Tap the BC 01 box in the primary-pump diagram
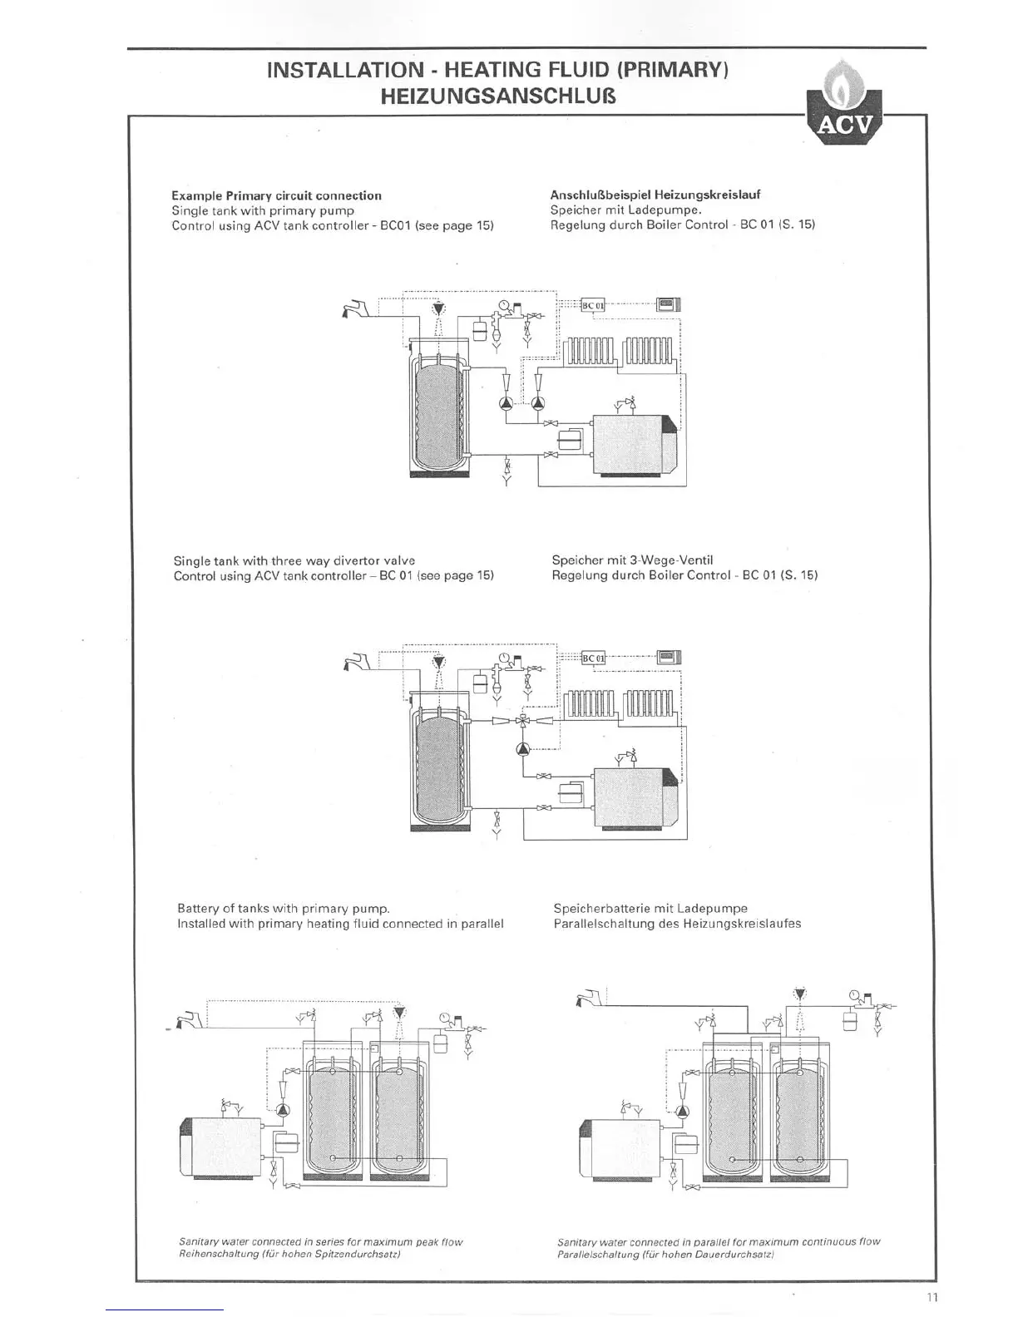pos(593,305)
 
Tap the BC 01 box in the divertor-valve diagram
pos(593,658)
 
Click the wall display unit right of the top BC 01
pos(669,304)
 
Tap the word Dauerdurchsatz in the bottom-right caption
pos(729,1255)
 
